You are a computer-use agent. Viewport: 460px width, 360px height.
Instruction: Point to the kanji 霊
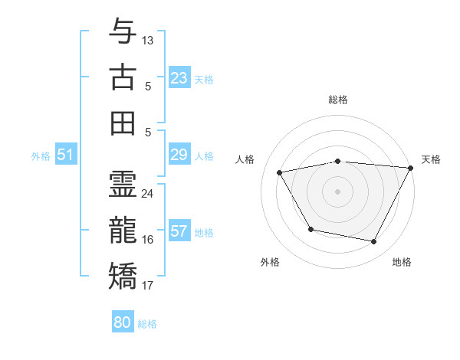click(123, 184)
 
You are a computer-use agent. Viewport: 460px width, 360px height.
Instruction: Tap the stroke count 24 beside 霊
click(148, 193)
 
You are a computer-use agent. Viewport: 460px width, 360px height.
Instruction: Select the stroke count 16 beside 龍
click(148, 240)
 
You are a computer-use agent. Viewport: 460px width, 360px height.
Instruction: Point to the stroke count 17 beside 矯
click(148, 286)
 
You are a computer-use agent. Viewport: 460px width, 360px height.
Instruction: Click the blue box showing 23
click(179, 78)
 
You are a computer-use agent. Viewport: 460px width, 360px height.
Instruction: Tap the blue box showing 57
click(179, 232)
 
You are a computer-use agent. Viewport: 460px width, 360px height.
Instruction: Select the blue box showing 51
click(65, 155)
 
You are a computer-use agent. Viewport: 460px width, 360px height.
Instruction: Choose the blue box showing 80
click(123, 322)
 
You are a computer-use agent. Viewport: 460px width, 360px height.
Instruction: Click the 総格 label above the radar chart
click(338, 100)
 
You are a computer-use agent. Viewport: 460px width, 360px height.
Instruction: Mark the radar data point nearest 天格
click(411, 168)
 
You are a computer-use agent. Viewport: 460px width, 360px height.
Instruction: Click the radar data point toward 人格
click(280, 172)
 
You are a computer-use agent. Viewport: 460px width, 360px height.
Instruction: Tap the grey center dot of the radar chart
click(337, 191)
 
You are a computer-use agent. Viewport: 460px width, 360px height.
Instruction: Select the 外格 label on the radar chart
click(270, 262)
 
